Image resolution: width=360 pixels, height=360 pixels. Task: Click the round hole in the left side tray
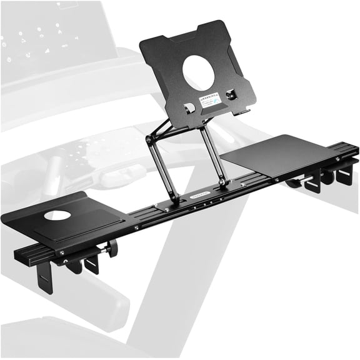point(57,215)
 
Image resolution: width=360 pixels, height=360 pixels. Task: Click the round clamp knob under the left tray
point(113,249)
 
